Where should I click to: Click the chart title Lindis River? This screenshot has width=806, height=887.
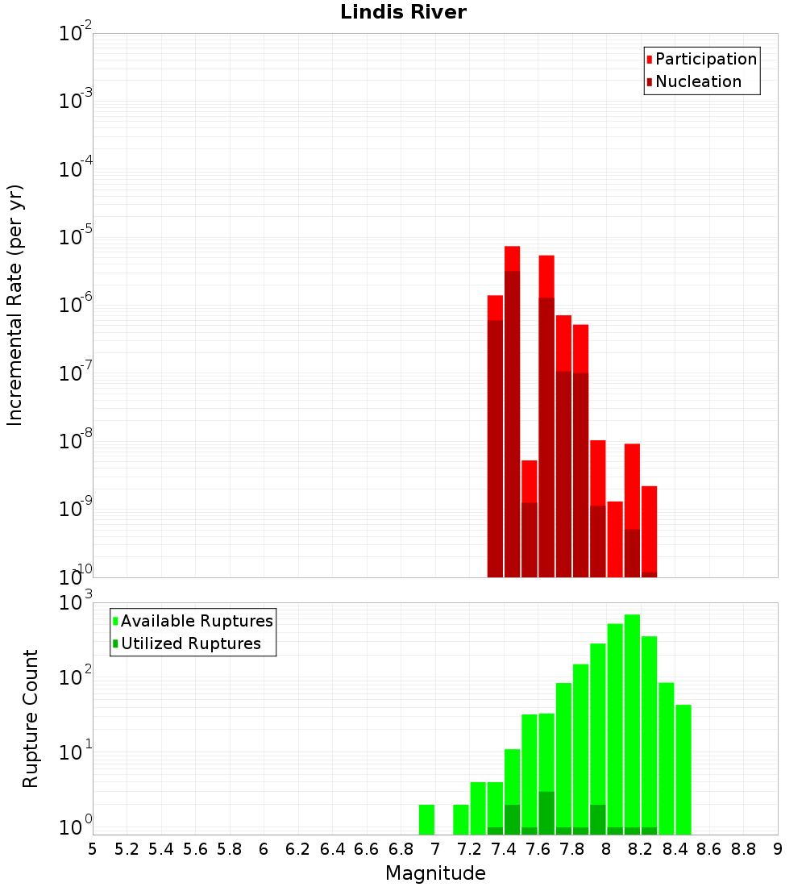point(403,12)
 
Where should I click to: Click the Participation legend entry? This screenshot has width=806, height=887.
point(701,59)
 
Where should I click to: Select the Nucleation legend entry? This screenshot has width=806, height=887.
point(694,81)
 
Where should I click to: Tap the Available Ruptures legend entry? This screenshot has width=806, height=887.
point(193,621)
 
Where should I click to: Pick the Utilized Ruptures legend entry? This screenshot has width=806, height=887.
point(187,643)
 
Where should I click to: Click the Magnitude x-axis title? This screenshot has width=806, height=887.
point(435,872)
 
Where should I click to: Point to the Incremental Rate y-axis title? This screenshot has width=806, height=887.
point(15,305)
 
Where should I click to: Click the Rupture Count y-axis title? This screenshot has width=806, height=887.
point(30,718)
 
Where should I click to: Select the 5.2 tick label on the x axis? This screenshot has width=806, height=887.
point(127,850)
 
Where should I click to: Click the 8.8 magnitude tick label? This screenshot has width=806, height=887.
point(743,850)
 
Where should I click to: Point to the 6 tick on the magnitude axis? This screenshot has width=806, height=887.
point(264,850)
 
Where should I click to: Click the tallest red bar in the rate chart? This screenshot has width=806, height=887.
point(512,412)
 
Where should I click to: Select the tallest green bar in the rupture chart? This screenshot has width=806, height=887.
point(632,725)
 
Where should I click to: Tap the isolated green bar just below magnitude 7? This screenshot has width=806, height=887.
point(426,820)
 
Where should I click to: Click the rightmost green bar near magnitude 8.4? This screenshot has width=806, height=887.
point(683,769)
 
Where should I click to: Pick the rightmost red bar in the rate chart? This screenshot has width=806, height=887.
point(649,531)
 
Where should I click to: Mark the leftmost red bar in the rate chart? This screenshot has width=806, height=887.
point(495,436)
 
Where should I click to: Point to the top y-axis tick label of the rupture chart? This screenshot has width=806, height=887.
point(75,602)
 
